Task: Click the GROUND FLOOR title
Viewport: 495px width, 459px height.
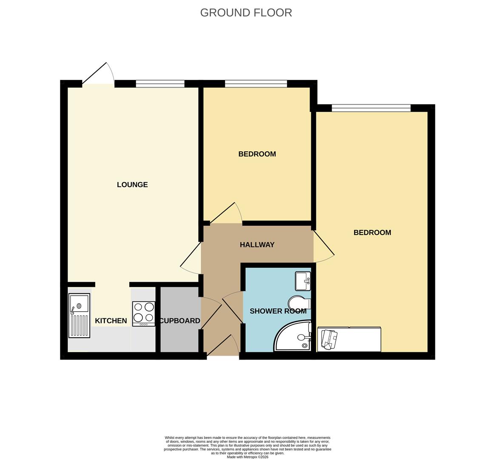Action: (246, 13)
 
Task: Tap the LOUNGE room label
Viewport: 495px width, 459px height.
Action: (132, 184)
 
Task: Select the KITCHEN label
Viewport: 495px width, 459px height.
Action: (111, 321)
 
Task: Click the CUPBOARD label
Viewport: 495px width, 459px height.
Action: (180, 321)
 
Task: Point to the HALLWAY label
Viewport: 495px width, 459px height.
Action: (257, 245)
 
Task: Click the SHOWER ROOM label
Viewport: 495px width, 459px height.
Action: (278, 311)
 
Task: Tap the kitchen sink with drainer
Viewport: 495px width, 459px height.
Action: (79, 315)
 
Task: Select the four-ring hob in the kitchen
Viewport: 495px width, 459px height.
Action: (144, 313)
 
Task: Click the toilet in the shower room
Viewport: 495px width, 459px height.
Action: (299, 303)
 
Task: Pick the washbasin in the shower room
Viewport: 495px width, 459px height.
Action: (303, 281)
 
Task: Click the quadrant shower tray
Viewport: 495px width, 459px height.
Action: (293, 337)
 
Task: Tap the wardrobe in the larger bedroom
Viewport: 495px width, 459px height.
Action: (349, 339)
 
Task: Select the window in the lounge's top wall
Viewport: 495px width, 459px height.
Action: (160, 84)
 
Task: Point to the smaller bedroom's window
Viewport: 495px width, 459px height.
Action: (256, 84)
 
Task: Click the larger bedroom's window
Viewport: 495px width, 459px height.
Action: (371, 108)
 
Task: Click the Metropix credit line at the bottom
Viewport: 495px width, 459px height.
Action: (247, 457)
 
